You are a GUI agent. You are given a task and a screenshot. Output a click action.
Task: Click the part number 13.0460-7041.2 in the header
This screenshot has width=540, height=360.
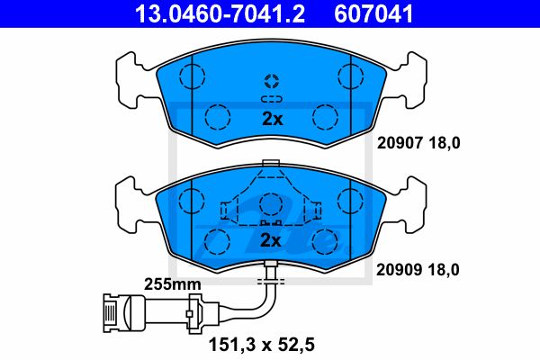pyautogui.click(x=220, y=13)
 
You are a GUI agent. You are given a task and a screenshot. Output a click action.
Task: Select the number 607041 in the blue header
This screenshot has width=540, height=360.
pyautogui.click(x=373, y=13)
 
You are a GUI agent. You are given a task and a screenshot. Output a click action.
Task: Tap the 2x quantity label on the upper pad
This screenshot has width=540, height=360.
pyautogui.click(x=273, y=119)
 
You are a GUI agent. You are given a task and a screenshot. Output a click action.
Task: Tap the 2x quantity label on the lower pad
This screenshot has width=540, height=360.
pyautogui.click(x=271, y=240)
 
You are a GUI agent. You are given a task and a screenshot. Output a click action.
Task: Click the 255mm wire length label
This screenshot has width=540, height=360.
pyautogui.click(x=172, y=284)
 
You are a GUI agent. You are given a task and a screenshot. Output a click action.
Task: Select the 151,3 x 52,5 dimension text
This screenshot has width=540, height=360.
pyautogui.click(x=262, y=345)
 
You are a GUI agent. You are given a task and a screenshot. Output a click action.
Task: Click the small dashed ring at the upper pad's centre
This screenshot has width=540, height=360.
pyautogui.click(x=272, y=81)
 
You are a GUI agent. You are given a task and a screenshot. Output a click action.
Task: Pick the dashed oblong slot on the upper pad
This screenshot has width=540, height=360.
pyautogui.click(x=272, y=99)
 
